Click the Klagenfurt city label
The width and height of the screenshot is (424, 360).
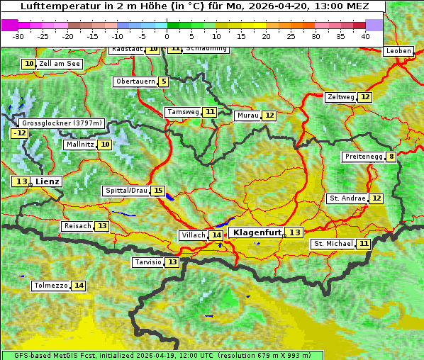point(256,232)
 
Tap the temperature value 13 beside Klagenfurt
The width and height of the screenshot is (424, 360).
point(294,232)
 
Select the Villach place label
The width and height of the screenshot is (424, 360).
point(193,235)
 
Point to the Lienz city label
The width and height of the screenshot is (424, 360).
point(48,181)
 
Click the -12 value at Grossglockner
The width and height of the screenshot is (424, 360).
point(20,133)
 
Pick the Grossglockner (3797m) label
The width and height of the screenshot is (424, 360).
point(62,123)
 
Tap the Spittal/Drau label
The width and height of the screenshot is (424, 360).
point(126,191)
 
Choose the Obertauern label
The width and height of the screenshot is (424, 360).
point(135,81)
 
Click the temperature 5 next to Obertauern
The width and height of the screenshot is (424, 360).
point(164,81)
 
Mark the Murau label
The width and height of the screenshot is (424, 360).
point(247,116)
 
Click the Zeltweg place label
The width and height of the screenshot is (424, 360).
point(340,97)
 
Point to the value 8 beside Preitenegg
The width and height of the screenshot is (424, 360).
point(391,157)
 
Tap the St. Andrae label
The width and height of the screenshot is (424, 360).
point(347,198)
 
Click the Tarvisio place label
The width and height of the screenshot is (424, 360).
point(148,262)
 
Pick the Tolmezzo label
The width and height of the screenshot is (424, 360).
point(50,286)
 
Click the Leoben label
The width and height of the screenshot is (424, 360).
point(398,52)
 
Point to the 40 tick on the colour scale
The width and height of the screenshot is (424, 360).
point(365,36)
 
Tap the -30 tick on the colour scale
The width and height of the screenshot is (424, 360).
point(18,36)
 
